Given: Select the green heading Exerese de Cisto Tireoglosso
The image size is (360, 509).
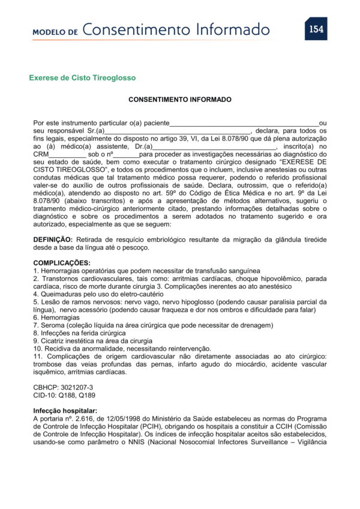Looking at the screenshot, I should pyautogui.click(x=82, y=78).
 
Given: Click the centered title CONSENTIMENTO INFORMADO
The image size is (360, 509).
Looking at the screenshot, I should pyautogui.click(x=180, y=99).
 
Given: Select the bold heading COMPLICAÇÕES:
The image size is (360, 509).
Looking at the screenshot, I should pyautogui.click(x=62, y=262).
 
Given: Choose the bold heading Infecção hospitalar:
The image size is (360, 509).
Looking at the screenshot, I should pyautogui.click(x=65, y=411).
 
